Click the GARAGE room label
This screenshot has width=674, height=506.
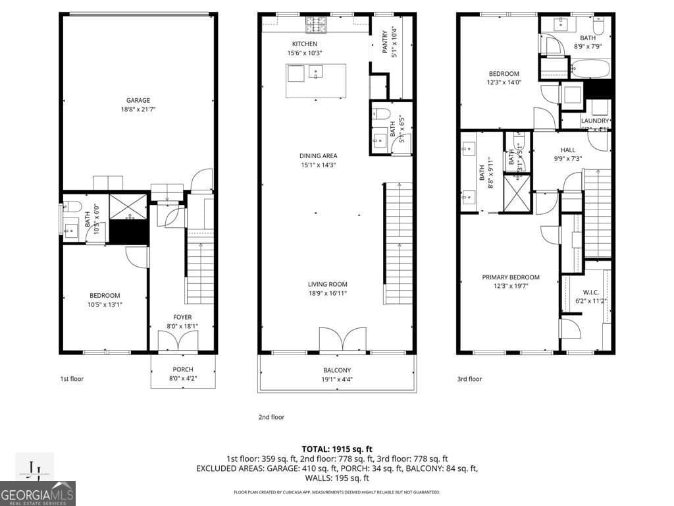138,101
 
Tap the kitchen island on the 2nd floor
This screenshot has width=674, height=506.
316,80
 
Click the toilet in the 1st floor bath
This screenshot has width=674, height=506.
72,205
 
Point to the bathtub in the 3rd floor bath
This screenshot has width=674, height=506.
590,67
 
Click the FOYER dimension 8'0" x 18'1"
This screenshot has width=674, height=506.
182,325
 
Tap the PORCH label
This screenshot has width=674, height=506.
182,370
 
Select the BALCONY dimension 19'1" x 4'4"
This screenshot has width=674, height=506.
336,379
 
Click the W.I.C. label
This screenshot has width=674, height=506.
590,292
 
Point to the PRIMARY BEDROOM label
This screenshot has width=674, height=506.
510,277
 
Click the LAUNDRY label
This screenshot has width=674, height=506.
594,121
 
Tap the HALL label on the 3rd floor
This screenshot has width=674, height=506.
567,150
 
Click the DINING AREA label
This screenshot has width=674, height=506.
318,156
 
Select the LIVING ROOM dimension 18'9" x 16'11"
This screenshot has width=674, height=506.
327,293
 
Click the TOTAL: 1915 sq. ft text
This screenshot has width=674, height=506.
336,448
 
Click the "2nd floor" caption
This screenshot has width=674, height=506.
271,417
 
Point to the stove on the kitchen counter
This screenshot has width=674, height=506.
315,26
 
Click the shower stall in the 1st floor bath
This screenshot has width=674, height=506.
128,206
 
